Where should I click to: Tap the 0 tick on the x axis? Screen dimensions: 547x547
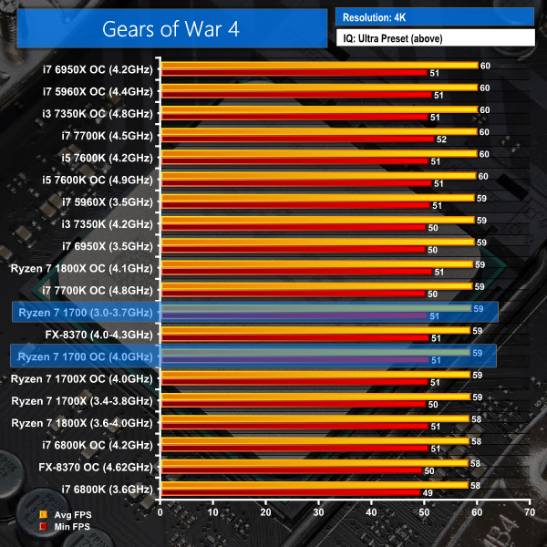tap(160, 513)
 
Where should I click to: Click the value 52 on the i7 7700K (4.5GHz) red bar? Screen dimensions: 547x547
tap(441, 139)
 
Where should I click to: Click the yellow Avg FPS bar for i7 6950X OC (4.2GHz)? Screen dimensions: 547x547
tap(319, 66)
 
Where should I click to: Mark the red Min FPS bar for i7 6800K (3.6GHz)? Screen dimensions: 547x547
tap(290, 492)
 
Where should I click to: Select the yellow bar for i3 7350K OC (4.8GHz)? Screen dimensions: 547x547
tap(319, 109)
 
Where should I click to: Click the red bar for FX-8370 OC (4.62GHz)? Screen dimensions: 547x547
tap(292, 470)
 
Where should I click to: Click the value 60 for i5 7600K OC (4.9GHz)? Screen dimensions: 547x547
tap(483, 176)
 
